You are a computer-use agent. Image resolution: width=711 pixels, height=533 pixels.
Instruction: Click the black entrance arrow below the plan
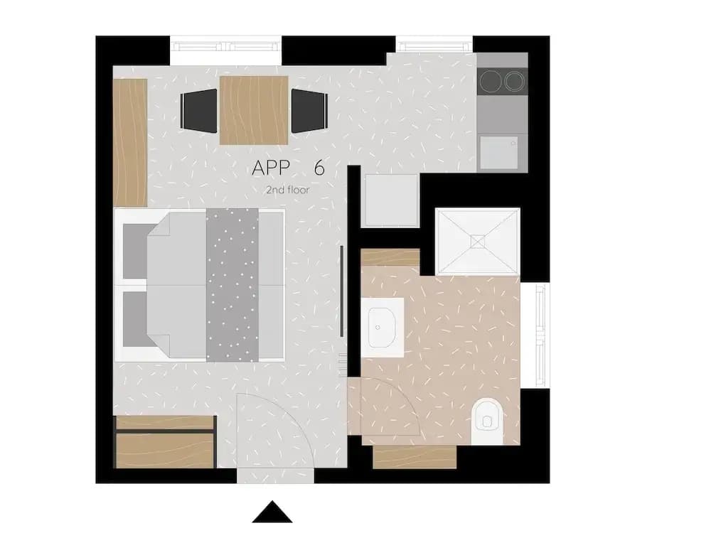(272, 513)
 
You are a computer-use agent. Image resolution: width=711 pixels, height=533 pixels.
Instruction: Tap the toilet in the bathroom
(487, 421)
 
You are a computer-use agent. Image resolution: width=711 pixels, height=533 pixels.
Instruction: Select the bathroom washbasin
(382, 327)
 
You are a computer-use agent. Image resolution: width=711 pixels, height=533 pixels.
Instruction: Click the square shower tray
(478, 242)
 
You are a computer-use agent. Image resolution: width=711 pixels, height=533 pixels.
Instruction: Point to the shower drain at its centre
(478, 242)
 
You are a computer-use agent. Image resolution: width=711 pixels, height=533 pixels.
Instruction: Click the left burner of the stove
(491, 82)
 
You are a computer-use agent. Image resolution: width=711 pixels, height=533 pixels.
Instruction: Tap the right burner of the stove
(514, 82)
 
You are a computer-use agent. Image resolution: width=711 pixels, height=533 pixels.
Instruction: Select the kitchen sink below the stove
(499, 153)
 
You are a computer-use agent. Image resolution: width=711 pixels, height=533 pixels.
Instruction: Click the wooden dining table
(254, 110)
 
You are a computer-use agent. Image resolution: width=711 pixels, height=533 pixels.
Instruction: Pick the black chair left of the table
(198, 111)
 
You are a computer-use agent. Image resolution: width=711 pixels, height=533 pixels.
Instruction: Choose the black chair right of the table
(310, 111)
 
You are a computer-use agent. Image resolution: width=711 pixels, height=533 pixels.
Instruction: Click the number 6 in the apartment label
(319, 168)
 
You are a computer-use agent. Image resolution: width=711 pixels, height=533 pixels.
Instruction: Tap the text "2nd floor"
(287, 190)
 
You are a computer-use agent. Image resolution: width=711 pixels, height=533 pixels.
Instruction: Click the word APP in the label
(271, 168)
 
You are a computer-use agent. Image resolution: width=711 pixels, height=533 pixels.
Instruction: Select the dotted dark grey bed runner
(232, 285)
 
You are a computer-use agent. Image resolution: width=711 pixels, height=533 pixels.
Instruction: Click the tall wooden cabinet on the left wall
(130, 143)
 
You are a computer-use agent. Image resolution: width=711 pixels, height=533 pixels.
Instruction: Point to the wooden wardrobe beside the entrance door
(165, 442)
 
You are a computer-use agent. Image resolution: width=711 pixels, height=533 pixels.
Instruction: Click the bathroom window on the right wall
(541, 335)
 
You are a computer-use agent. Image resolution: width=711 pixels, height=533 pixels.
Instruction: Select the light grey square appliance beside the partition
(392, 200)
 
